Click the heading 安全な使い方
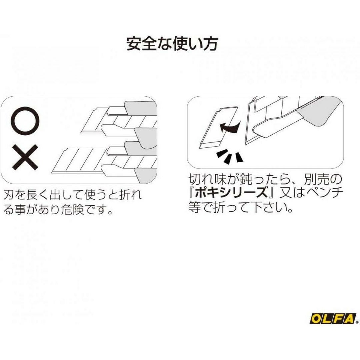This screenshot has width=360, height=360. [172, 43]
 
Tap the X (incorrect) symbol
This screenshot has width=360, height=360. [25, 157]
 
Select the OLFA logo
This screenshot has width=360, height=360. [333, 318]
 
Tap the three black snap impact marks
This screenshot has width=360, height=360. [229, 157]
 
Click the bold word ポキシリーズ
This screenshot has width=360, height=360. [231, 193]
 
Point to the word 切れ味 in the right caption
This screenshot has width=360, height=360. [206, 179]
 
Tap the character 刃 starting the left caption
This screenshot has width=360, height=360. [9, 195]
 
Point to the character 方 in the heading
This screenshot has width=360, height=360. [210, 43]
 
